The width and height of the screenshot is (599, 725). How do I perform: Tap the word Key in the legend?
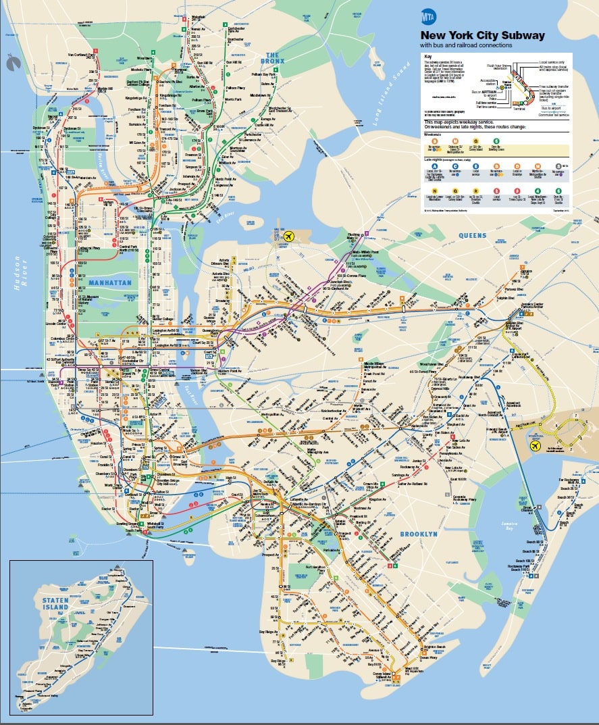(426, 56)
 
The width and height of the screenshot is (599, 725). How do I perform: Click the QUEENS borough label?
(473, 235)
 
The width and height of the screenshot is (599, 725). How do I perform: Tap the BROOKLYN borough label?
(419, 534)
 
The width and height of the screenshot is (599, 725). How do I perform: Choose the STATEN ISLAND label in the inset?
(55, 603)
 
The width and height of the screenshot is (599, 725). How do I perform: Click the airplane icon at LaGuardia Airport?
(290, 236)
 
